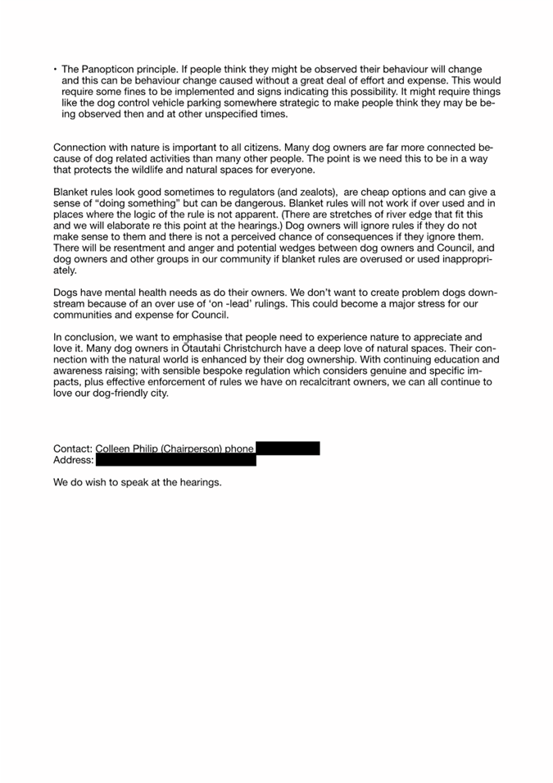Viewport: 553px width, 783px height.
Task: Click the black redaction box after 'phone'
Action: pos(288,448)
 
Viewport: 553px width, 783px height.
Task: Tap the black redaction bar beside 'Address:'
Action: pos(175,460)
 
